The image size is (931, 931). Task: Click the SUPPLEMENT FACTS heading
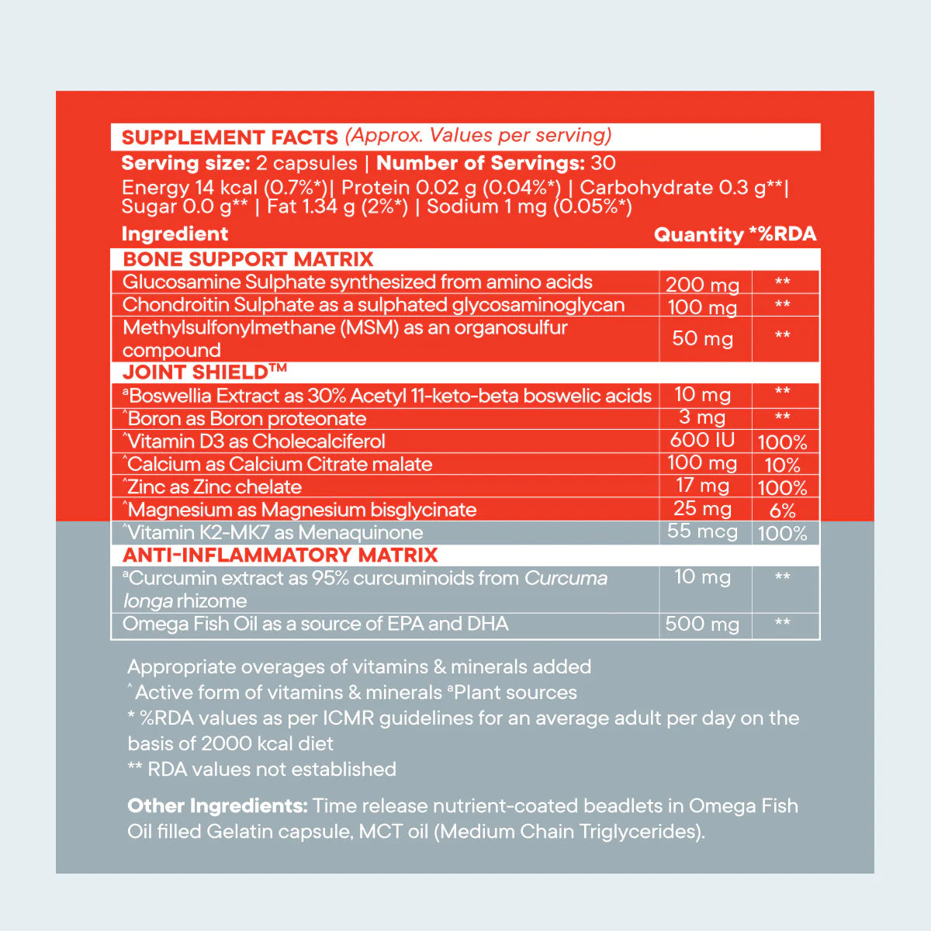tap(230, 137)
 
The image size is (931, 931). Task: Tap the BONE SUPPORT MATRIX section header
tap(248, 259)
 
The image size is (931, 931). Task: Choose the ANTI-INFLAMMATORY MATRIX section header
tap(280, 555)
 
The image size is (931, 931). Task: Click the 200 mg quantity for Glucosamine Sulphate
tap(703, 285)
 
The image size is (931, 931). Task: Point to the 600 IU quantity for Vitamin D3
tap(702, 441)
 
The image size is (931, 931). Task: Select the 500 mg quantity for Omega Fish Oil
tap(702, 625)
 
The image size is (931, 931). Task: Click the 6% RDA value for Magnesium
tap(782, 510)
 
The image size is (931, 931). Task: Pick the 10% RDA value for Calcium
tap(782, 465)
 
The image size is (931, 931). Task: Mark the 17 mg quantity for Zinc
tap(702, 486)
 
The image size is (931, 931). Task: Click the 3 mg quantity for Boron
tap(702, 417)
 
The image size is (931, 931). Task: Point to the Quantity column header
tap(698, 235)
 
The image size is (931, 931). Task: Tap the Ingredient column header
tap(175, 234)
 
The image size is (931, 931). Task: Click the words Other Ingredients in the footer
tap(217, 806)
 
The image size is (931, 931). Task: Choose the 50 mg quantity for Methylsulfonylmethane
tap(702, 339)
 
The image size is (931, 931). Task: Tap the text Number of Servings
tap(480, 163)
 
